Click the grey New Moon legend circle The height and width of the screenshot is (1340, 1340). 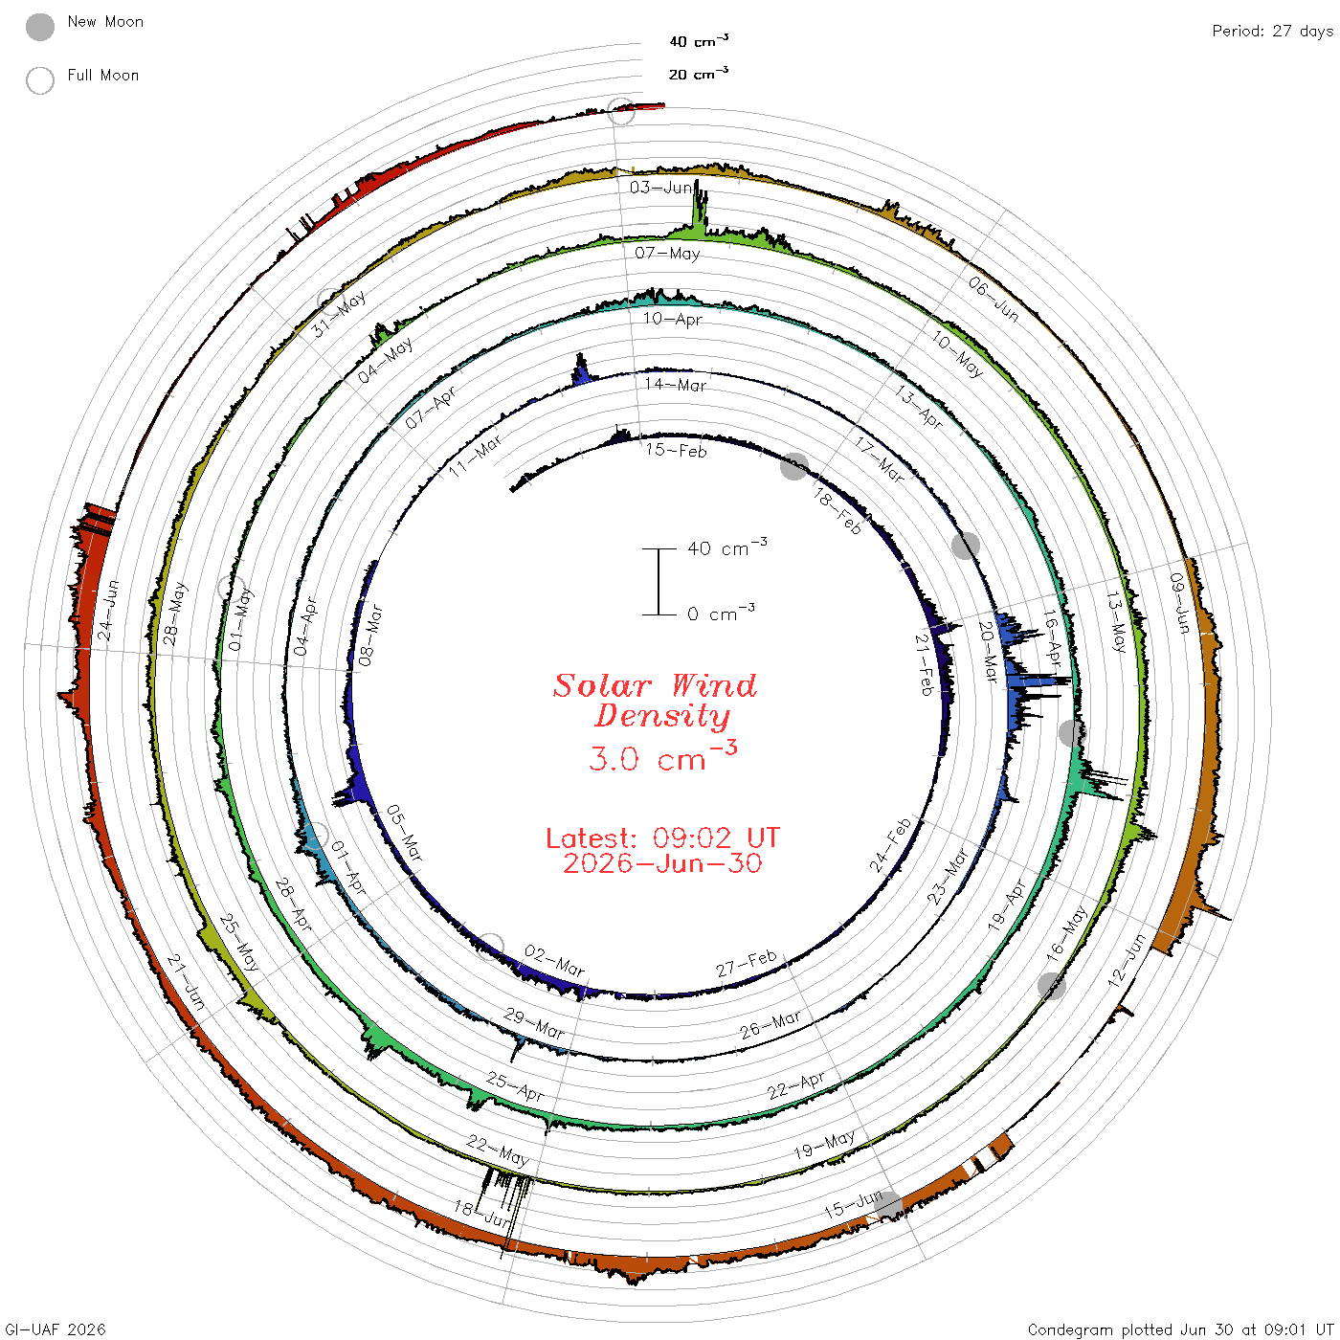(40, 27)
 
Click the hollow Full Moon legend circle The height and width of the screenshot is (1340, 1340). (40, 80)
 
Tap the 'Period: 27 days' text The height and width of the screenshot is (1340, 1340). (1273, 32)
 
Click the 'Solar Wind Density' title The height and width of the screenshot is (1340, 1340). (655, 701)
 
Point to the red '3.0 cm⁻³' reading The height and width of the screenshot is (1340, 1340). (662, 756)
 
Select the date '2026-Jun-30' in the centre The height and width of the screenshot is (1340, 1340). (662, 863)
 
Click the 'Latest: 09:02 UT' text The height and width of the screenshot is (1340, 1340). (662, 837)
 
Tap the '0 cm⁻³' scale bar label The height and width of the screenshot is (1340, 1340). (721, 613)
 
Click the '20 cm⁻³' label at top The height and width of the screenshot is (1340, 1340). (699, 73)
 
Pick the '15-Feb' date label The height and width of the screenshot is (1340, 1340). (676, 451)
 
